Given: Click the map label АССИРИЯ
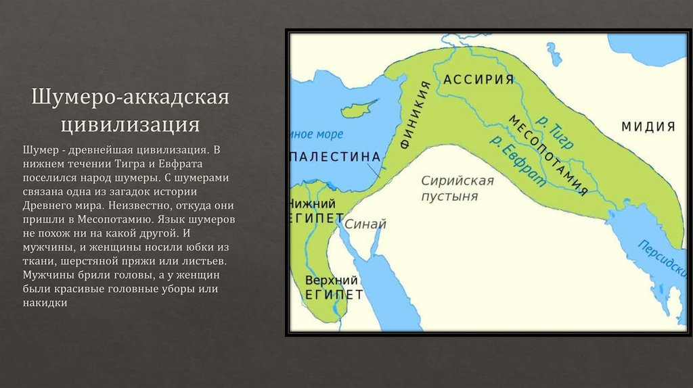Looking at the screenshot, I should pos(479,80).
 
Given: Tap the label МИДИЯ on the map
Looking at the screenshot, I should pos(649,126).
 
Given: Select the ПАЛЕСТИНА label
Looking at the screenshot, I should pos(334,157).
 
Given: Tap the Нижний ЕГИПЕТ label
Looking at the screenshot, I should pos(313,212).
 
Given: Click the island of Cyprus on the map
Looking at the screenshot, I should pos(367,107).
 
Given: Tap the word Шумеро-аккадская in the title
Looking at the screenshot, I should pos(130,96).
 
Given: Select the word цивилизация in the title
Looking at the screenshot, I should pos(130,124).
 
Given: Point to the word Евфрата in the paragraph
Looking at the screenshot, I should pos(205,164).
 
